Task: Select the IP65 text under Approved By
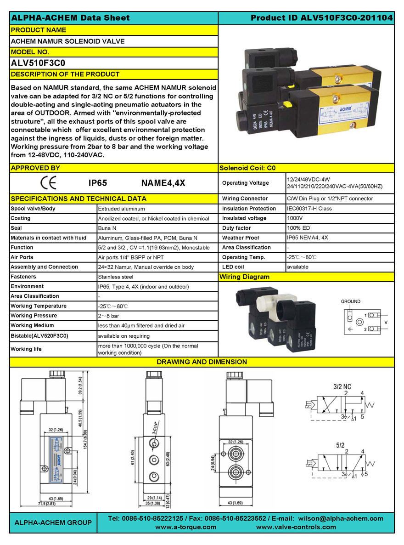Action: (97, 183)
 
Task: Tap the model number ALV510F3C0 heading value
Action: (39, 63)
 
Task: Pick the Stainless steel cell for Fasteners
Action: (116, 277)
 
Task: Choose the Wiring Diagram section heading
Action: (244, 277)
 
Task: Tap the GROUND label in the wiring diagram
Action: (350, 301)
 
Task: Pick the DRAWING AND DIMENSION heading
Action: (202, 362)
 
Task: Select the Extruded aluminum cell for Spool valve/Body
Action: (121, 209)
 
